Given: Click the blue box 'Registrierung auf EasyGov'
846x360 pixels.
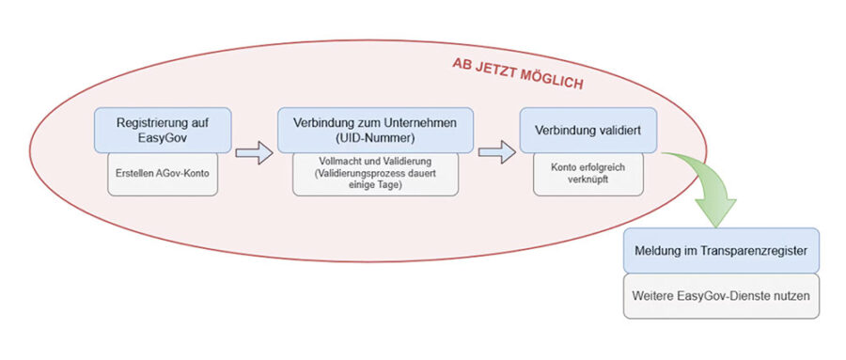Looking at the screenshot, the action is click(163, 130).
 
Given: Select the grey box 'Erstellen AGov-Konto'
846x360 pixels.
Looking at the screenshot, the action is click(163, 174).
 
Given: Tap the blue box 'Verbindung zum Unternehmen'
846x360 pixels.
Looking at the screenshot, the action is click(375, 130).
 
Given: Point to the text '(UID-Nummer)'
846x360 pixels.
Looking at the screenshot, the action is click(375, 138).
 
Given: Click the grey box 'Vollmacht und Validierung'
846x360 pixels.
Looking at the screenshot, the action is click(375, 174).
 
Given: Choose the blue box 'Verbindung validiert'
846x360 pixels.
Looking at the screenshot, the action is click(588, 130).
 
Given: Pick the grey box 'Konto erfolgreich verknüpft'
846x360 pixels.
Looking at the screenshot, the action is click(588, 174).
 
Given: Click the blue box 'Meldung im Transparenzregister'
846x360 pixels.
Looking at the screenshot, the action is click(721, 250).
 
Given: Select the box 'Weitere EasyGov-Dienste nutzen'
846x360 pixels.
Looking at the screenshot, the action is click(721, 296).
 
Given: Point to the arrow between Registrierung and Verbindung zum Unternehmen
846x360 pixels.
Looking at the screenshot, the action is click(254, 153).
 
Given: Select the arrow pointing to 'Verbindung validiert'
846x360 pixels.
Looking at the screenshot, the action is click(497, 153).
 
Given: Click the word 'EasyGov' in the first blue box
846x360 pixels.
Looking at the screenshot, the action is click(163, 138).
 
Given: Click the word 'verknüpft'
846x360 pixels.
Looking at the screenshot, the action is click(588, 180).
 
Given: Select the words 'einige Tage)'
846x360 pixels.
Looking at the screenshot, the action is click(375, 184).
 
